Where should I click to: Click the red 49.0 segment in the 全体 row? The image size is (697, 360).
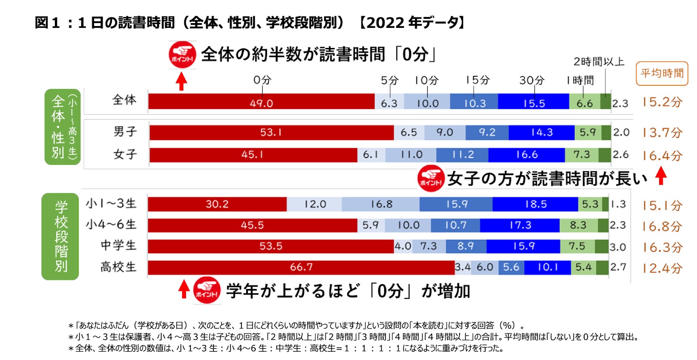pos(261,103)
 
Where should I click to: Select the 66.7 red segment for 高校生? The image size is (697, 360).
pos(301,267)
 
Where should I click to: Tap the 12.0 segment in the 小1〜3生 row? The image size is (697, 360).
pos(315,204)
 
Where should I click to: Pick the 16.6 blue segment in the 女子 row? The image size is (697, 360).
pos(527,155)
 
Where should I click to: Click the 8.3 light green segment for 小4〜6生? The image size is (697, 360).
pos(578,225)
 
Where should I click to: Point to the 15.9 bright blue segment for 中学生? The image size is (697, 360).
pos(523,246)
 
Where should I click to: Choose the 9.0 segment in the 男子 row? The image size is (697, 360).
pos(444,132)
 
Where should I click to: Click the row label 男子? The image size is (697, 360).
pos(125,132)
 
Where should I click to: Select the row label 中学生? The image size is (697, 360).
pos(118,246)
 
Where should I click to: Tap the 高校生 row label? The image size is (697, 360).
pos(118,267)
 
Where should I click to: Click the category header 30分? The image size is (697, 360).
pos(531,80)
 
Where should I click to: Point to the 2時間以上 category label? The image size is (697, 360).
pos(599,62)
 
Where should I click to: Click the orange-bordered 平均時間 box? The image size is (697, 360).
pos(662,74)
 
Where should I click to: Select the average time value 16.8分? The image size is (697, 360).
pos(662,226)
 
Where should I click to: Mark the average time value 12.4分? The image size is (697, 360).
pos(662,268)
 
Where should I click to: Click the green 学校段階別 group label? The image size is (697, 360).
pos(61,236)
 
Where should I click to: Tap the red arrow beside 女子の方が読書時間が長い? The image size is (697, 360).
pos(661,177)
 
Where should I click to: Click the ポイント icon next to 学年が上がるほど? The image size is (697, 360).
pos(206,290)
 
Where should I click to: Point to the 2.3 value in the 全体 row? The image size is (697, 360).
pos(620,104)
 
